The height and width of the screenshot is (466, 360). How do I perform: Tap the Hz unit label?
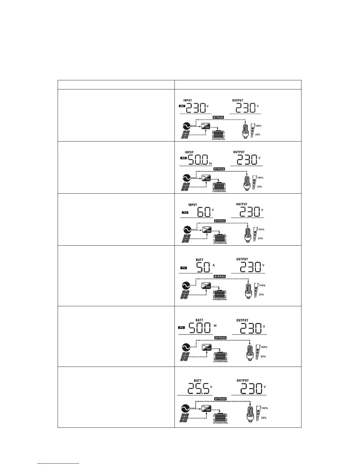tap(210, 163)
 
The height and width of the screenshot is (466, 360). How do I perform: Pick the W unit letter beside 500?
tap(215, 325)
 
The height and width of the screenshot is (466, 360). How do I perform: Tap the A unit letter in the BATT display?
tap(214, 265)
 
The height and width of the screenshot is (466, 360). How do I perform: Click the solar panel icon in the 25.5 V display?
tap(184, 417)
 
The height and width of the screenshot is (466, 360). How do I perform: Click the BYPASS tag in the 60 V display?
tap(219, 221)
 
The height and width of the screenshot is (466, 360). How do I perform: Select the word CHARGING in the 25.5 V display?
tap(220, 423)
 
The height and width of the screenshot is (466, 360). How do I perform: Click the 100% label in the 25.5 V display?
tap(264, 408)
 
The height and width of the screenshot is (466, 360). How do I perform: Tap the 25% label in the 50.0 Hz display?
tap(259, 187)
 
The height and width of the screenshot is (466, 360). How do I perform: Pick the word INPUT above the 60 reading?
tap(193, 205)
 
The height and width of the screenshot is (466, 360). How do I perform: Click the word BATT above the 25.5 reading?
tap(198, 381)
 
